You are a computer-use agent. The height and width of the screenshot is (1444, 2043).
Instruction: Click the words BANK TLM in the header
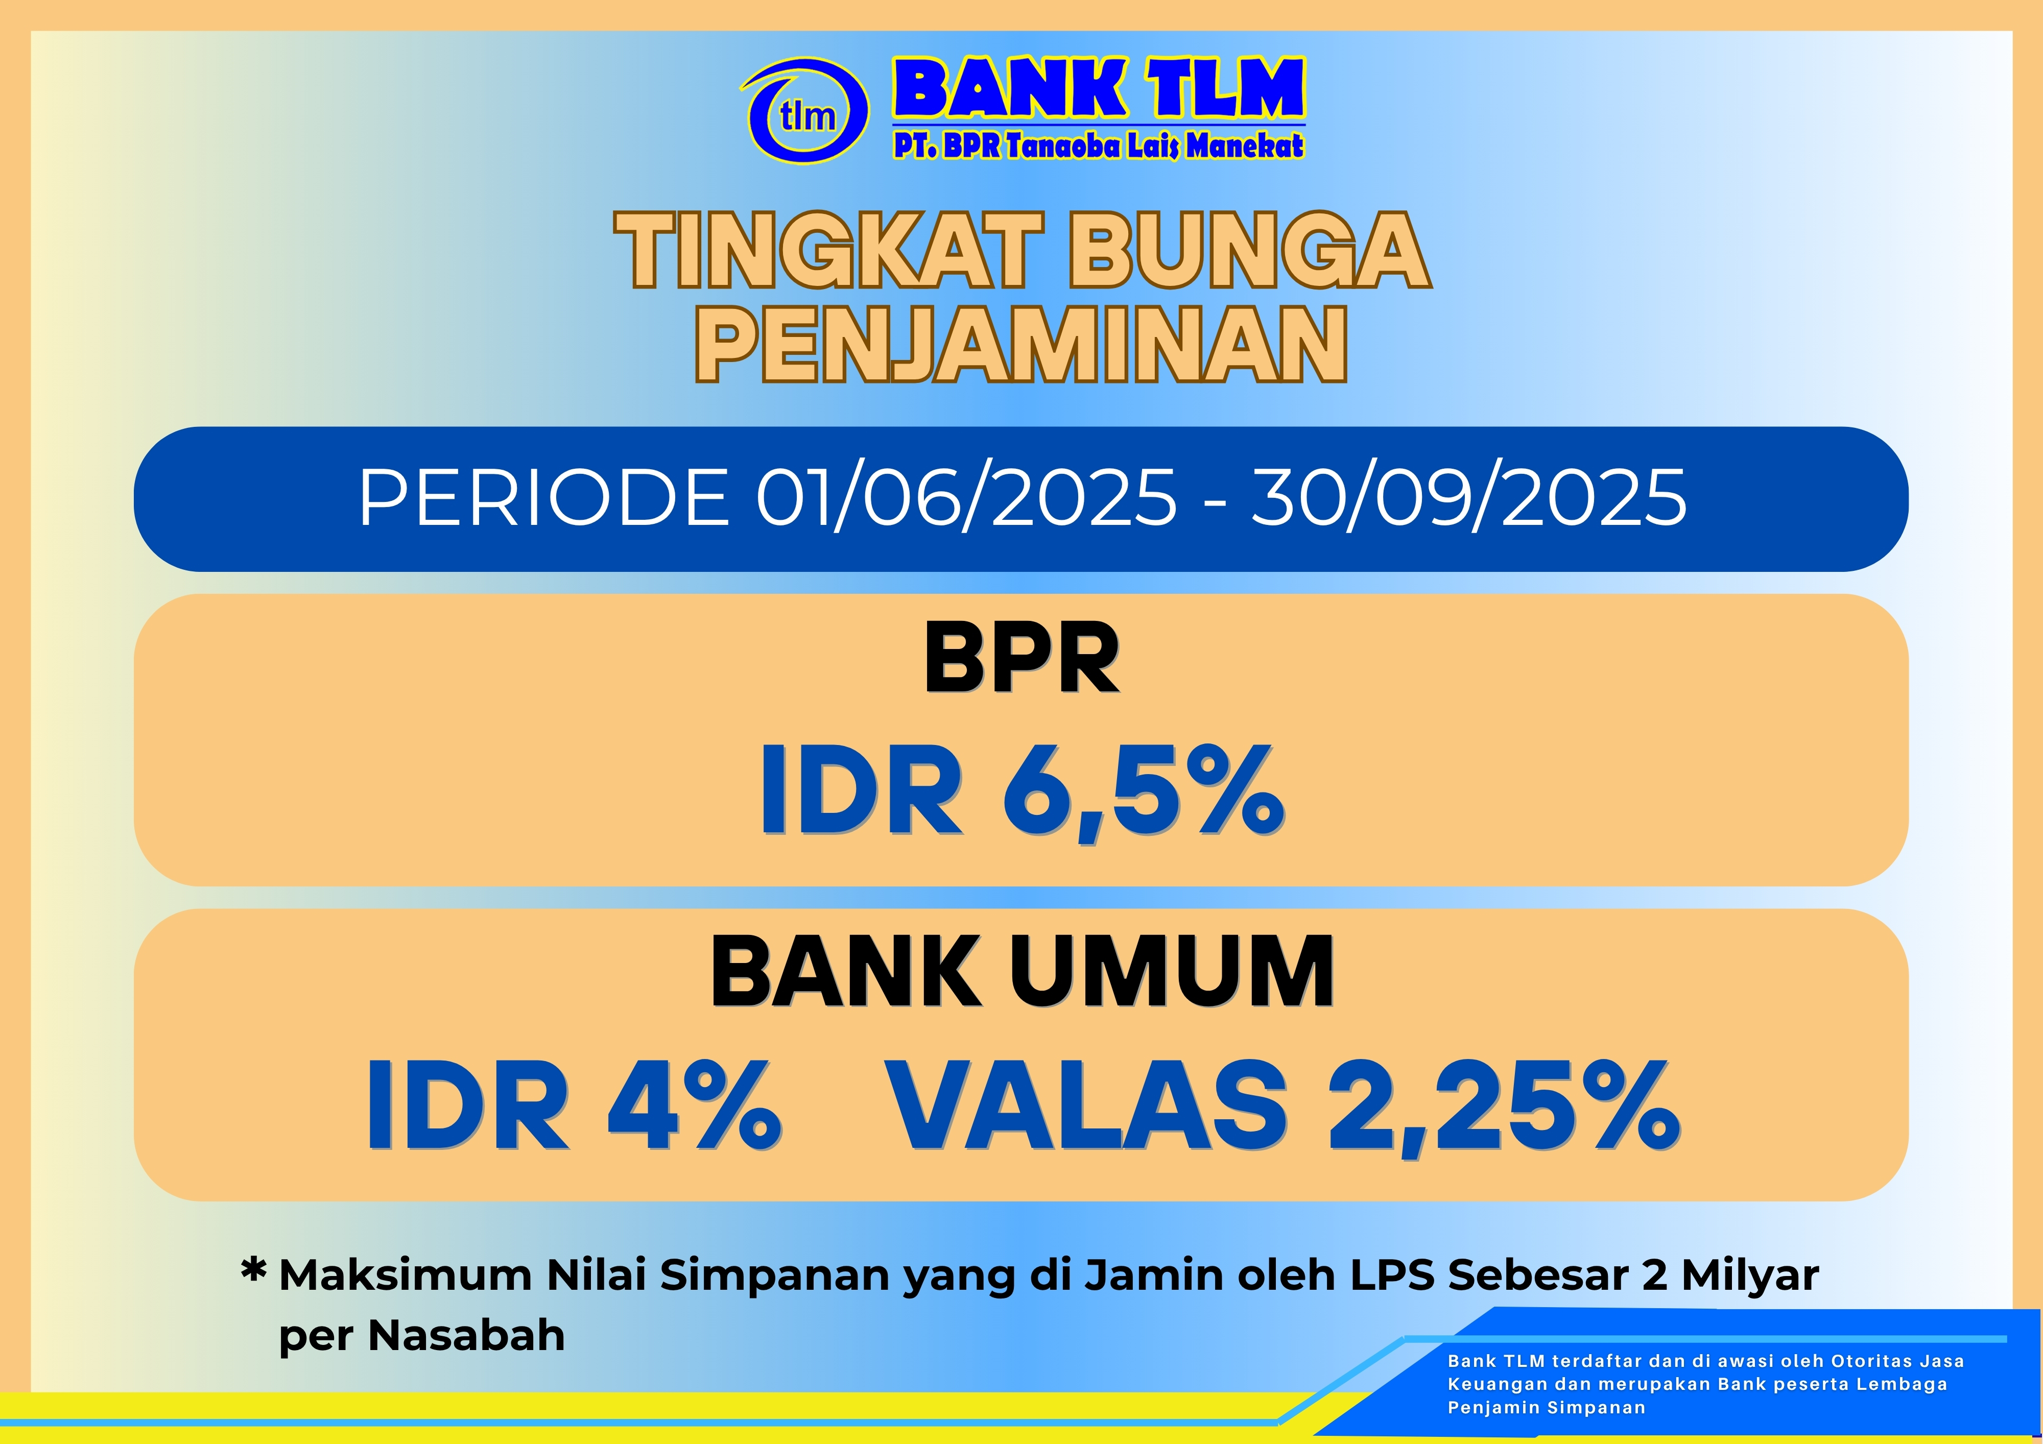pos(1099,88)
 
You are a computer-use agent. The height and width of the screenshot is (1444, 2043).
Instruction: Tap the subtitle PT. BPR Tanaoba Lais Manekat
pos(1099,145)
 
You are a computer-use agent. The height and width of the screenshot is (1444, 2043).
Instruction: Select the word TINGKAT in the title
pos(827,250)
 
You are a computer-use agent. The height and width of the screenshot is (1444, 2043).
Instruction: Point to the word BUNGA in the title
pos(1251,250)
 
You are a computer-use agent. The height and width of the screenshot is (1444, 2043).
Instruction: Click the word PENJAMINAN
pos(1022,344)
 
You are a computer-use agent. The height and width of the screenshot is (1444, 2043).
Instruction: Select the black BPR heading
pos(1022,658)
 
